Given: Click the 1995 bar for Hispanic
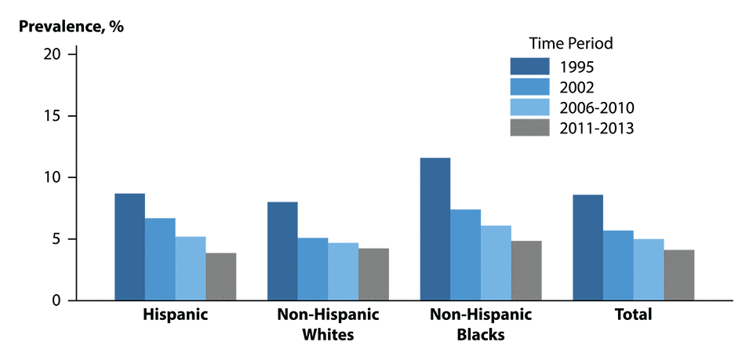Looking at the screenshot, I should tap(129, 247).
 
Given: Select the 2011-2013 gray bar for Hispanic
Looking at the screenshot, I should tap(221, 277).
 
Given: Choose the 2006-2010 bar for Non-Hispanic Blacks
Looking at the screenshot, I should tap(496, 263).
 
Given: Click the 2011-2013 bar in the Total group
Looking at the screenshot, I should tap(679, 275).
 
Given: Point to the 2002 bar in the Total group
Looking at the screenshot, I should tap(618, 265).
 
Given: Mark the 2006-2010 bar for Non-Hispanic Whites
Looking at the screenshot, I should tap(343, 271).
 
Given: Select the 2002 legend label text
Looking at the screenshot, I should tap(577, 86).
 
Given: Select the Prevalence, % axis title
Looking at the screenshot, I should tap(71, 25).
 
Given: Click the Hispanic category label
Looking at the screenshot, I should tap(175, 315).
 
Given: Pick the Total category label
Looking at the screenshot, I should tap(634, 315).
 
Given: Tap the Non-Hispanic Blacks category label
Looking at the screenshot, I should tap(480, 325).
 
